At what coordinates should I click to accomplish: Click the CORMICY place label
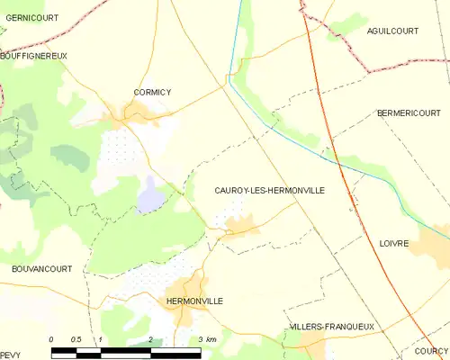(x=139, y=92)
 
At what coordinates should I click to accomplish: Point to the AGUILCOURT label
(x=393, y=31)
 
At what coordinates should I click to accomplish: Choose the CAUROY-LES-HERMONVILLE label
(x=269, y=191)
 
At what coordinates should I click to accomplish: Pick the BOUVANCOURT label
(x=41, y=268)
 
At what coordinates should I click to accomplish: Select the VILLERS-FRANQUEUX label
(x=331, y=326)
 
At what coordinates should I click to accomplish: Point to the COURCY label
(x=431, y=351)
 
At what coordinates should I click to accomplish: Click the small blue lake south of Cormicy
(x=150, y=195)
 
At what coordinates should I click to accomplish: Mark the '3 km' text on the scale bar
(x=207, y=339)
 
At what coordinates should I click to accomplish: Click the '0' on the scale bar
(x=52, y=339)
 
